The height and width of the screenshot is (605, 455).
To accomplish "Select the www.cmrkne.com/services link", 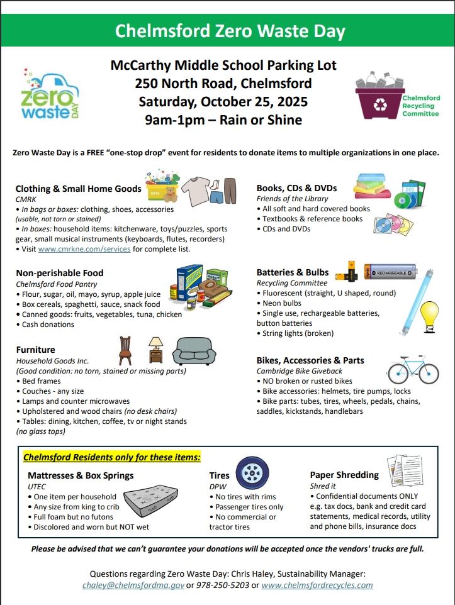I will (84, 249).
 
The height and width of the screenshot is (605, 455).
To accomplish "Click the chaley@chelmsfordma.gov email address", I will (133, 585).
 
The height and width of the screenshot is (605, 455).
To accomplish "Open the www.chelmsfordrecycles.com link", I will (317, 585).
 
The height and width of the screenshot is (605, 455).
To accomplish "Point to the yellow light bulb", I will (429, 314).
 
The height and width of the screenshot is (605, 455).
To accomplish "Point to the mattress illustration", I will (163, 504).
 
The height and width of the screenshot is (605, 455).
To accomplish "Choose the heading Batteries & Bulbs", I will (292, 272).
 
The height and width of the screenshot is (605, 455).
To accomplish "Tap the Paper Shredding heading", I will (344, 475).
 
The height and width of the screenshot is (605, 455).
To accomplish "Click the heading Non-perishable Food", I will (59, 273).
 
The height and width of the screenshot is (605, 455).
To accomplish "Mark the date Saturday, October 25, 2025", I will (223, 101).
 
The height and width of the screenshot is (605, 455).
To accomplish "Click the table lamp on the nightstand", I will (155, 345).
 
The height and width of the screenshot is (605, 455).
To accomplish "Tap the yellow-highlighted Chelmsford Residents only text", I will (112, 457).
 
